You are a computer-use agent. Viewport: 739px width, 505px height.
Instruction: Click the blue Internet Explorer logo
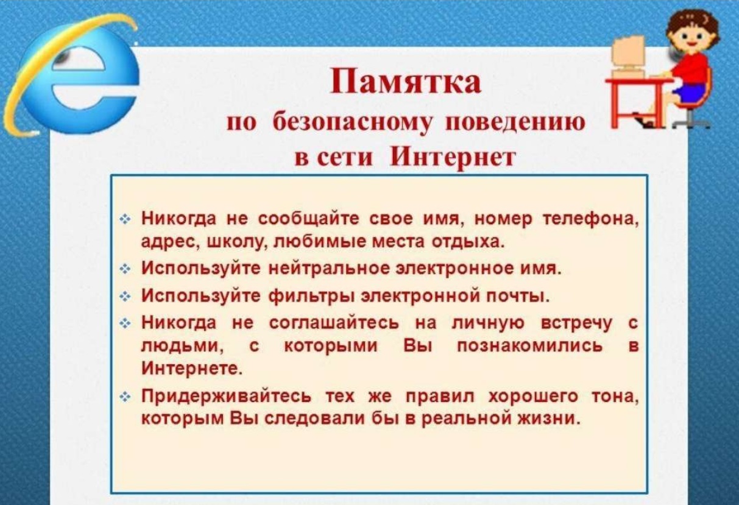tap(71, 76)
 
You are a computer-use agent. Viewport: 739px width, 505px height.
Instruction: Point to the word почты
tap(518, 297)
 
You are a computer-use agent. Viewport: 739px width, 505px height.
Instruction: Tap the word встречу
tap(577, 323)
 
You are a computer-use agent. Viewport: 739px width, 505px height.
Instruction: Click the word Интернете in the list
tap(192, 369)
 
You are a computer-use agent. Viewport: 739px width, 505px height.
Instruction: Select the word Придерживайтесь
tap(226, 397)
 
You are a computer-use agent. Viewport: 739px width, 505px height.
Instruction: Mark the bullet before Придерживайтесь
tap(125, 398)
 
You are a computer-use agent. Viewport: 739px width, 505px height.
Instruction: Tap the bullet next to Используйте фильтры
tap(125, 297)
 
